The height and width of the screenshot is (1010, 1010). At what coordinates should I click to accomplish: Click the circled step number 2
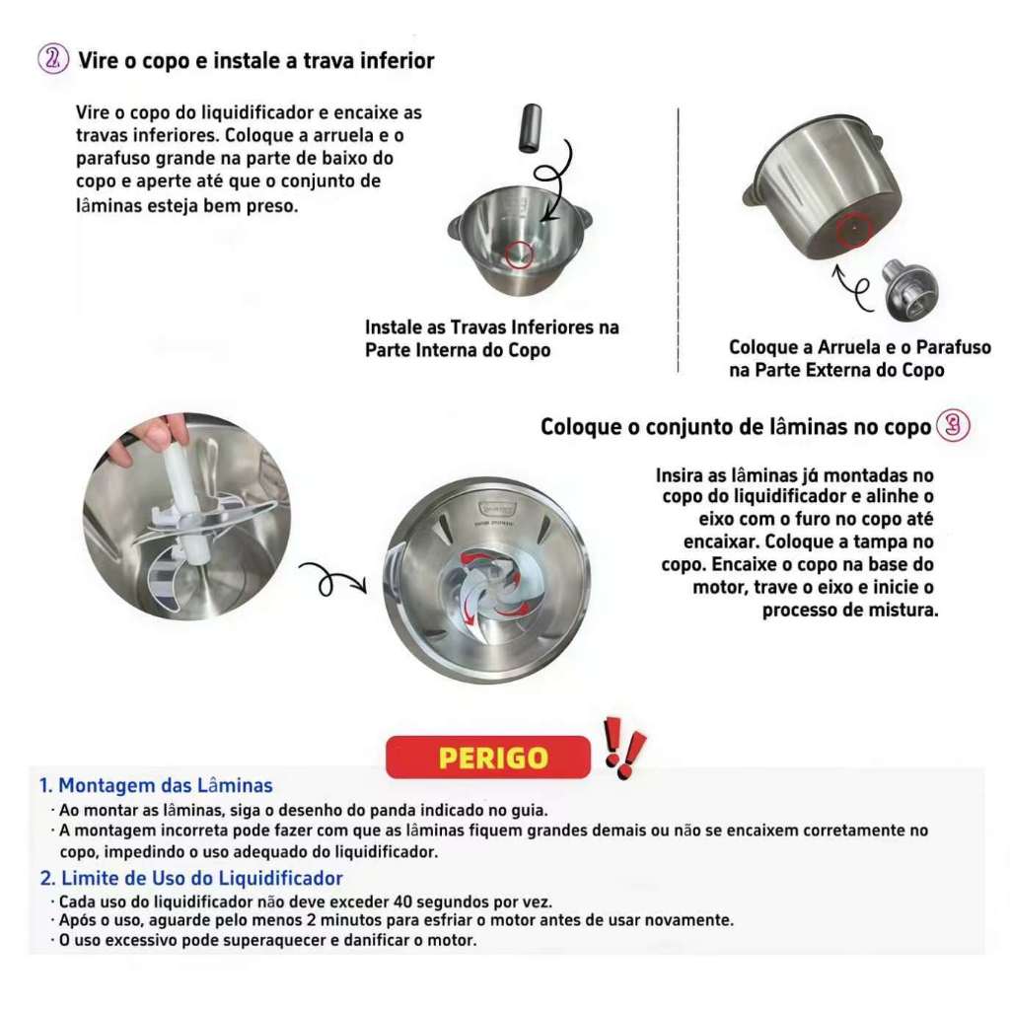pyautogui.click(x=53, y=58)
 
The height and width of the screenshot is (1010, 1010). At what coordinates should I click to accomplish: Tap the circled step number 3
pyautogui.click(x=953, y=425)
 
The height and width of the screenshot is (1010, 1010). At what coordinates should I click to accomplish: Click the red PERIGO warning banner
pyautogui.click(x=488, y=757)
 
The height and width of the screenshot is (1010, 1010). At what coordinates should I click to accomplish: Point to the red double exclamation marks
pyautogui.click(x=624, y=748)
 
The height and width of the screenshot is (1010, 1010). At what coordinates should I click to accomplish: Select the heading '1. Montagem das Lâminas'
pyautogui.click(x=156, y=785)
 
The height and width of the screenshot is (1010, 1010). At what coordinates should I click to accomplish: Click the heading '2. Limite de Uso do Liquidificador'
pyautogui.click(x=191, y=878)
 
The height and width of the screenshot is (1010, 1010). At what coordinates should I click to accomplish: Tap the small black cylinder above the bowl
pyautogui.click(x=530, y=128)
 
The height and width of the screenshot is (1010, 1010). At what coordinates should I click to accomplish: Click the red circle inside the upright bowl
pyautogui.click(x=519, y=255)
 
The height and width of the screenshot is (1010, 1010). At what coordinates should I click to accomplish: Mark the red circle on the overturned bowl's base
pyautogui.click(x=855, y=230)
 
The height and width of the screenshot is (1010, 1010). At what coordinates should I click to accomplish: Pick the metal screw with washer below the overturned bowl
pyautogui.click(x=909, y=290)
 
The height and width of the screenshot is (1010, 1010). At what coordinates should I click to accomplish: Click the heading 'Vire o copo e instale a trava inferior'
pyautogui.click(x=256, y=60)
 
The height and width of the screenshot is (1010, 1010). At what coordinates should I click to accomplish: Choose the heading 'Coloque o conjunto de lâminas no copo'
pyautogui.click(x=736, y=426)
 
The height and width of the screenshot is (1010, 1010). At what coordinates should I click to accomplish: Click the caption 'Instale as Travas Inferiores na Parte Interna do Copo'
pyautogui.click(x=492, y=338)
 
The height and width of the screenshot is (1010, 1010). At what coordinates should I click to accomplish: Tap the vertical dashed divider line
pyautogui.click(x=679, y=240)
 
